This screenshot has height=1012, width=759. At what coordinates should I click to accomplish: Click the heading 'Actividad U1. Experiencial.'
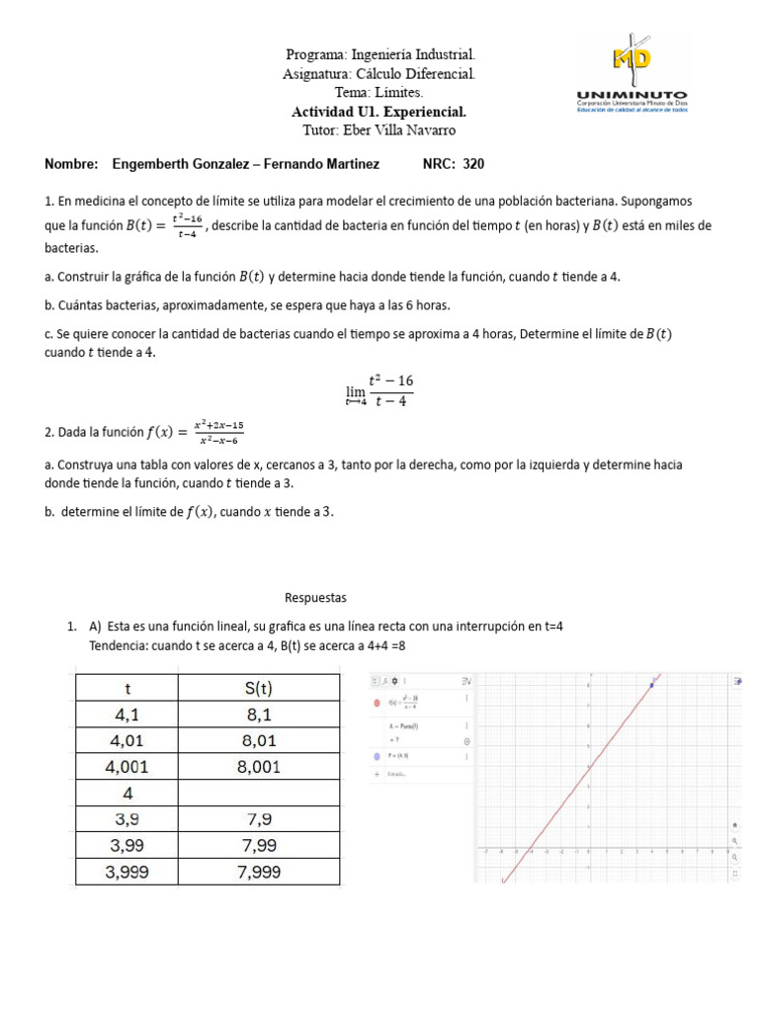[379, 112]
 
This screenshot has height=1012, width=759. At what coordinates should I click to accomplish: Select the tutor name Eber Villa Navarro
[379, 130]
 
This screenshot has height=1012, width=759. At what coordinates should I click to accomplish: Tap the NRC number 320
[472, 164]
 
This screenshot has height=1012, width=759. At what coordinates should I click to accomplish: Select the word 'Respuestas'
[316, 598]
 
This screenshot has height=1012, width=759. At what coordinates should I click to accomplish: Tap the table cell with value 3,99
[126, 845]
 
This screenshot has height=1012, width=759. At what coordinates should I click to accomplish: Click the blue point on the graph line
[652, 684]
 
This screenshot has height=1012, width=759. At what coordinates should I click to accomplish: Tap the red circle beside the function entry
[378, 704]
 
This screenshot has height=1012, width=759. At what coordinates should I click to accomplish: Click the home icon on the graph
[734, 824]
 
